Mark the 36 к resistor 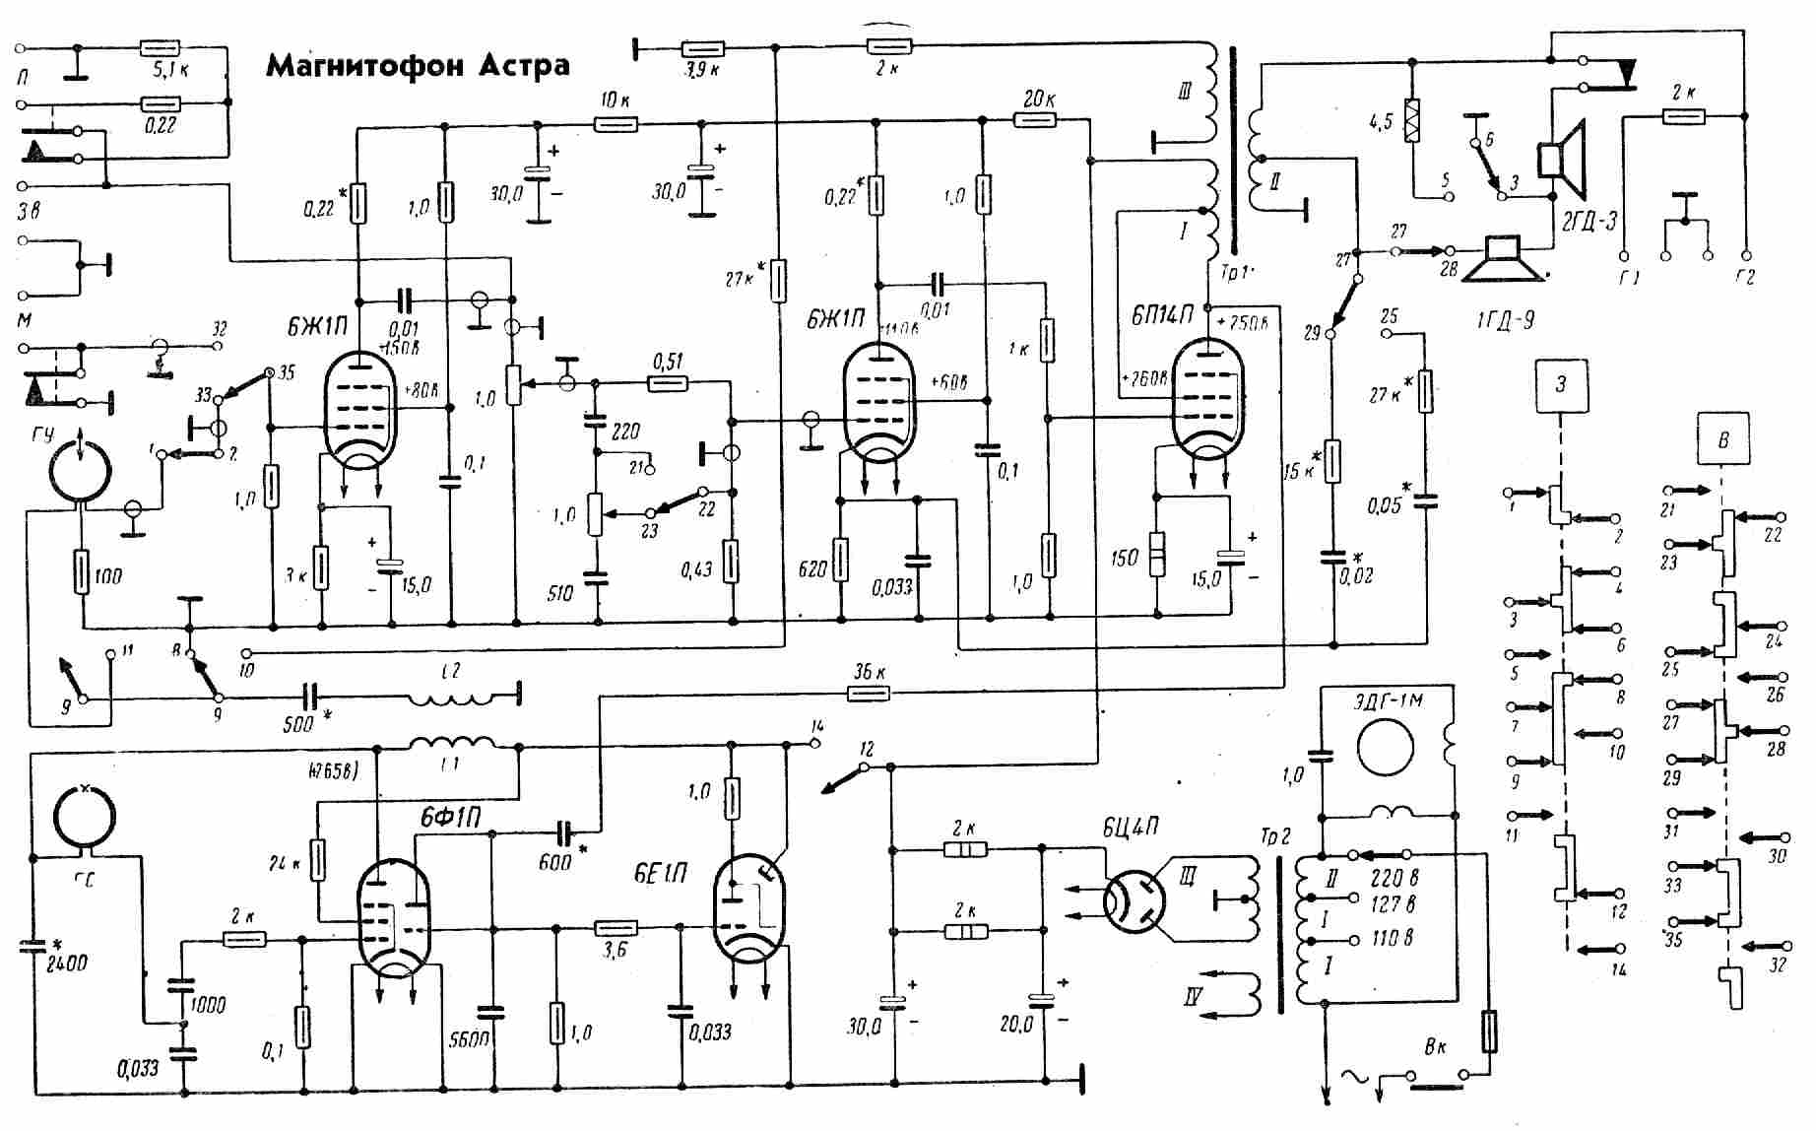point(868,694)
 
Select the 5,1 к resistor point(159,46)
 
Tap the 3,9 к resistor point(703,48)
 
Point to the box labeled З point(1560,384)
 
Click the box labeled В point(1722,439)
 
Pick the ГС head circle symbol point(84,817)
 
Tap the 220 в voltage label point(1394,877)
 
